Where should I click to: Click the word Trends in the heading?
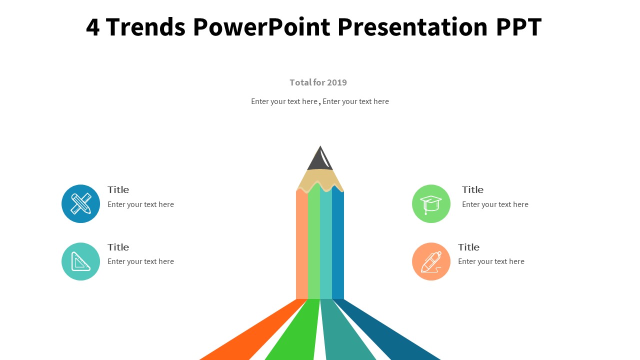[x=145, y=27]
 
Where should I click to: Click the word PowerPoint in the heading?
[x=261, y=27]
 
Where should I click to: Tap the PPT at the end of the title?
[x=518, y=27]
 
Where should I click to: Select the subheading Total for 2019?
[x=318, y=82]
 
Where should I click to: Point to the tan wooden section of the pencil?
[x=320, y=179]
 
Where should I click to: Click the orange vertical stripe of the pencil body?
[x=301, y=245]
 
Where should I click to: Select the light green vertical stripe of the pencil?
[x=314, y=245]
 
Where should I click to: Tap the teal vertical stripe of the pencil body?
[x=326, y=245]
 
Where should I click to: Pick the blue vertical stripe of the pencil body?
[x=338, y=245]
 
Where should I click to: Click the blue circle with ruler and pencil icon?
[x=80, y=203]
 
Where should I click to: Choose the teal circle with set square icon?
[x=80, y=261]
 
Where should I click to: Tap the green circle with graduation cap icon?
[x=431, y=203]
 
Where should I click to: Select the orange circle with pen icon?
[x=431, y=261]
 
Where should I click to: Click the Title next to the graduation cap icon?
[x=472, y=189]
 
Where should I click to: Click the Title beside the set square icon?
[x=118, y=247]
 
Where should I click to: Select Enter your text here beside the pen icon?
[x=491, y=261]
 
